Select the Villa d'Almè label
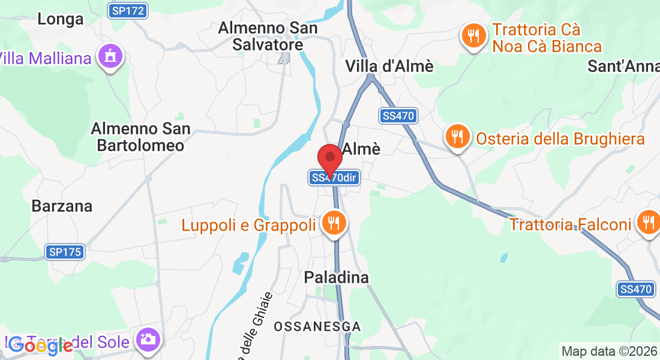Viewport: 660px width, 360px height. click(389, 66)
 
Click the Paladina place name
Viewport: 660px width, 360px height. click(336, 277)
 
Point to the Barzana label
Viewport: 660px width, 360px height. click(62, 206)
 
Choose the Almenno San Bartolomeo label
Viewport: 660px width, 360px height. click(140, 137)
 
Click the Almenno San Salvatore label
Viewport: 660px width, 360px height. click(267, 36)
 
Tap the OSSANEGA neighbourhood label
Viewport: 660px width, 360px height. click(317, 327)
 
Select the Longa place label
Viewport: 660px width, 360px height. click(60, 19)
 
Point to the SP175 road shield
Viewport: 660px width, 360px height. click(64, 253)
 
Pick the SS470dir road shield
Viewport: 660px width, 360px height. click(334, 178)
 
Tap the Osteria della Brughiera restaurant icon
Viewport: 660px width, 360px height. click(457, 137)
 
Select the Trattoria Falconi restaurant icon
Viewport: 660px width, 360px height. click(648, 223)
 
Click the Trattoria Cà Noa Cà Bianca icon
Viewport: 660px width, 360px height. click(474, 36)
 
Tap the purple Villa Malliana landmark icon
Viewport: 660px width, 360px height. click(110, 56)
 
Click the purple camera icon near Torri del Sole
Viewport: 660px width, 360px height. click(148, 340)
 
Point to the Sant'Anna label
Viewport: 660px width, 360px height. click(623, 66)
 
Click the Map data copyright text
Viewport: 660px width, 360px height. click(608, 351)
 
